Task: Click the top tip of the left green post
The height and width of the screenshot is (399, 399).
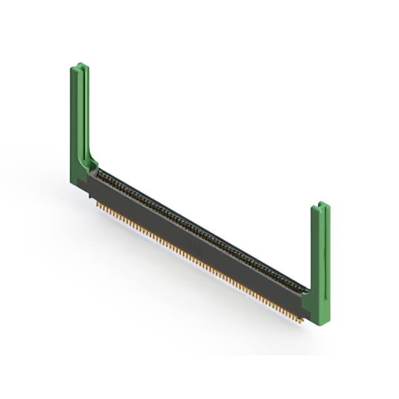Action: click(79, 64)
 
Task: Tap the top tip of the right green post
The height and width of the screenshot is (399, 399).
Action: click(320, 203)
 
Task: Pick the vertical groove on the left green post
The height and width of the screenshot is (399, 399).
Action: click(82, 112)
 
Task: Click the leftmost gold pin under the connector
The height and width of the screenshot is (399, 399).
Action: click(99, 204)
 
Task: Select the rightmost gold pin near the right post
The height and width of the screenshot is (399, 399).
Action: click(300, 320)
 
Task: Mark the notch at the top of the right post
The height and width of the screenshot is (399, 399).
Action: click(319, 204)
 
